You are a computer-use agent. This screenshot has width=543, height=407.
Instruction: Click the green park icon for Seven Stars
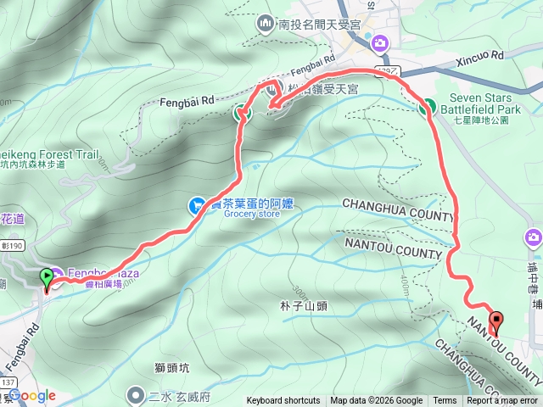pos(426,107)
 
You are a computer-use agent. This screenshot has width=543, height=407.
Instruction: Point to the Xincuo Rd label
pos(480,55)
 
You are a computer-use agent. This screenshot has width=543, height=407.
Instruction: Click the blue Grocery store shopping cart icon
pos(196,204)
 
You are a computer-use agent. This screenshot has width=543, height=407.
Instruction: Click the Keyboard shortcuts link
pos(283,401)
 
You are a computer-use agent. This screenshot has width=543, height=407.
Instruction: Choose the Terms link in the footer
pos(445,401)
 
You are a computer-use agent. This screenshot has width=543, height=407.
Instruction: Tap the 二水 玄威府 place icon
pos(135,395)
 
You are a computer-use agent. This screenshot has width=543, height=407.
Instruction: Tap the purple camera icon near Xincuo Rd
pos(380,42)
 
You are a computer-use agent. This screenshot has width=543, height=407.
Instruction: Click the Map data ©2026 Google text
pos(376,401)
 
